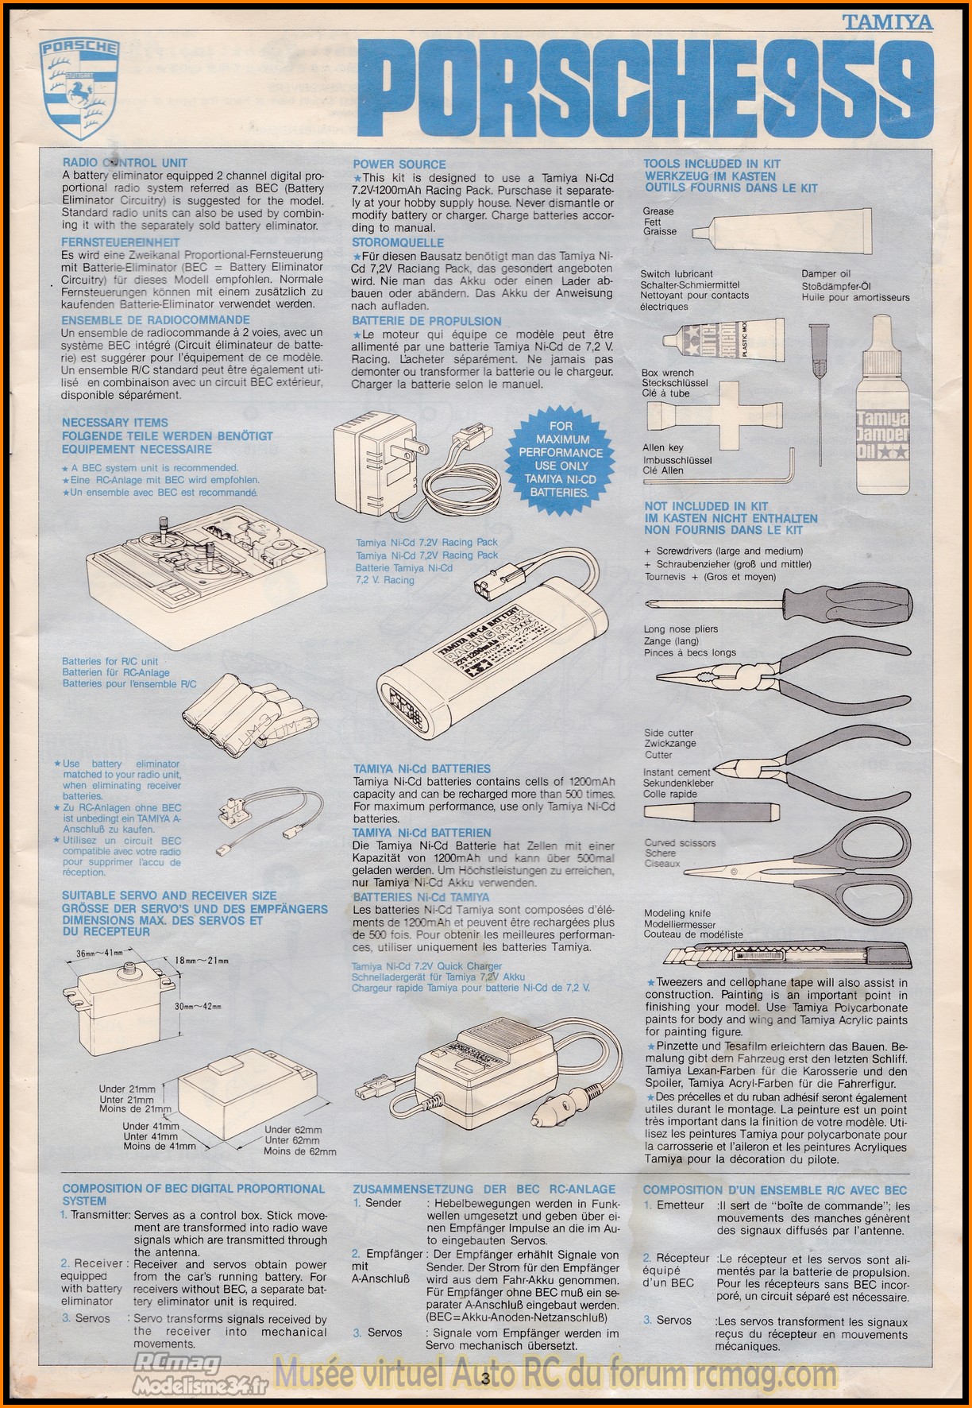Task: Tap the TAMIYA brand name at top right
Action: coord(888,22)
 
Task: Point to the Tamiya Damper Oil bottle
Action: coord(881,404)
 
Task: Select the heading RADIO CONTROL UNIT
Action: coord(125,163)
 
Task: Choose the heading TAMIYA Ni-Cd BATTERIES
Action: coord(422,769)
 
